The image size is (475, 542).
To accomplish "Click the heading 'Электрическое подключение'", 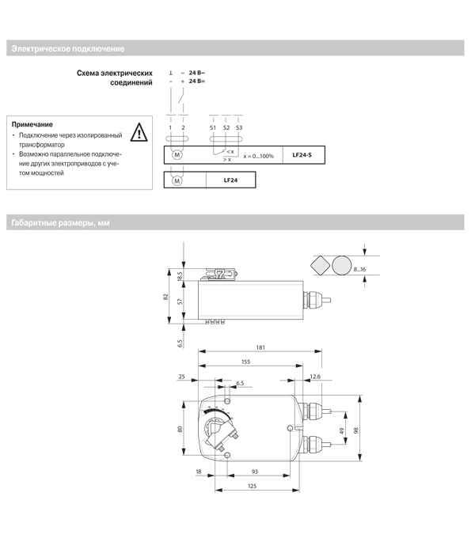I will pos(68,49).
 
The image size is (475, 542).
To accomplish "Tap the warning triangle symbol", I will pos(139,132).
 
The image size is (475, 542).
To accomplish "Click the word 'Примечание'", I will pos(32,124).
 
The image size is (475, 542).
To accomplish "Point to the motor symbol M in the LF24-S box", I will pos(177,155).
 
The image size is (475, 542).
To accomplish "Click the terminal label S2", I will pos(226,127).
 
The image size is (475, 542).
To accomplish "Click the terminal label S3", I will pos(239,127).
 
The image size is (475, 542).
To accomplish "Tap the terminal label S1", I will pos(213,127).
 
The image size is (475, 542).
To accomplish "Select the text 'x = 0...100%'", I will pos(259,156).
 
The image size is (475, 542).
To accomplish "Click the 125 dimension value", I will pos(252,486).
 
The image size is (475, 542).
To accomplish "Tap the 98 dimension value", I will pos(366,430).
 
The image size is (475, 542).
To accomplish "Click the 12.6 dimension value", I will pos(315,377).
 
